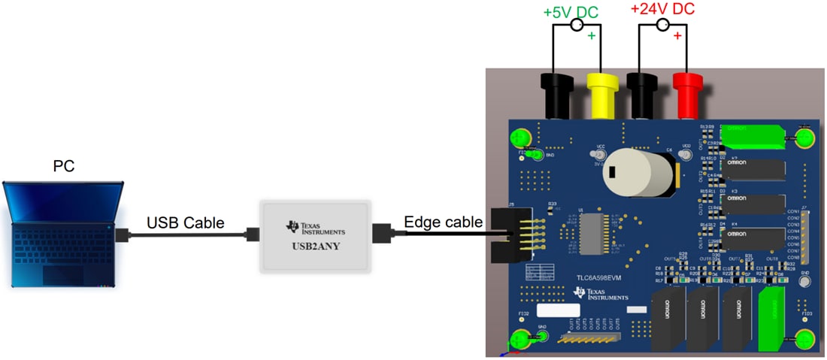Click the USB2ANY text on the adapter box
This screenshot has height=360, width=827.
(316, 245)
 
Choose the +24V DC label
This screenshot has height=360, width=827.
(662, 9)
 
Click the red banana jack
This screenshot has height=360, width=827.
(686, 95)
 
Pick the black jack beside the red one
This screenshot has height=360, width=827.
(644, 95)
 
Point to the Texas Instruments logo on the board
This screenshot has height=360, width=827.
(601, 293)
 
